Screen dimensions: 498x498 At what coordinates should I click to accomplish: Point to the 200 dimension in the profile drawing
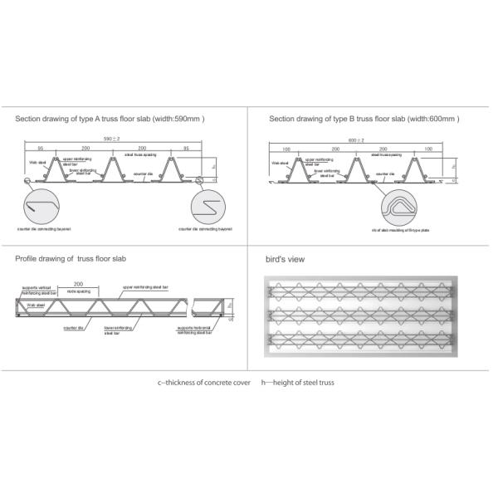pyautogui.click(x=78, y=284)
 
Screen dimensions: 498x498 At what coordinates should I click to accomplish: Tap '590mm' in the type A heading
pyautogui.click(x=187, y=119)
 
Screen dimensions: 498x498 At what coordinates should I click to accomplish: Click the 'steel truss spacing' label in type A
pyautogui.click(x=140, y=154)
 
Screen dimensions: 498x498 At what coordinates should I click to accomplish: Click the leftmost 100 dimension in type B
pyautogui.click(x=286, y=149)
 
